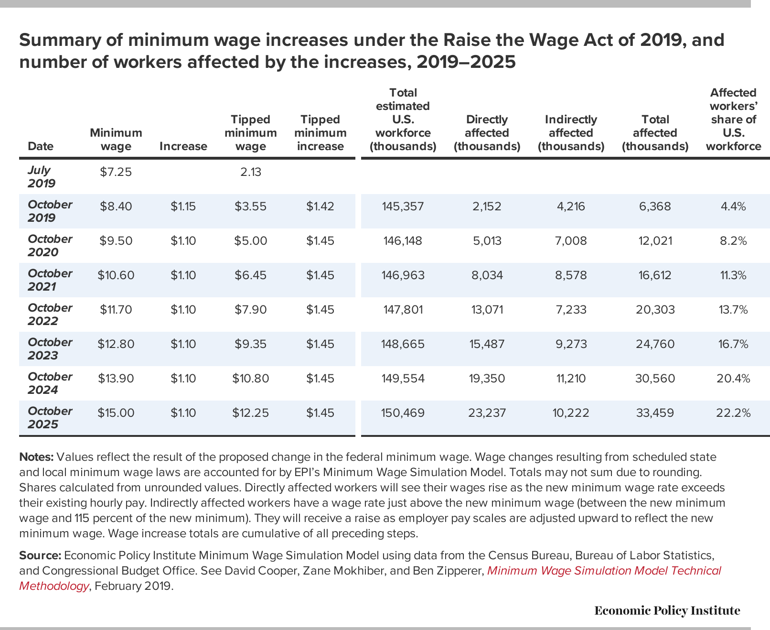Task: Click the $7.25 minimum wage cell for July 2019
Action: click(116, 172)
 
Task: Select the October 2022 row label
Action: click(50, 314)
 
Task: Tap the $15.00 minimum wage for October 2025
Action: click(116, 413)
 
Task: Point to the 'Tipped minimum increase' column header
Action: click(320, 133)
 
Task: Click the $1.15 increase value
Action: click(183, 206)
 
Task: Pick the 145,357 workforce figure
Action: click(403, 206)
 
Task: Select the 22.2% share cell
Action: click(733, 413)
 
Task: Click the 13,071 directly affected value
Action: click(487, 310)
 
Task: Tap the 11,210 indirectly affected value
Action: click(571, 379)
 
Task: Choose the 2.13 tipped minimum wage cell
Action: click(251, 172)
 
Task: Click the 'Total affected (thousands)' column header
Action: click(655, 133)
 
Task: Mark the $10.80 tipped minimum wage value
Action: click(251, 379)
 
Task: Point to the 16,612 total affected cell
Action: click(655, 275)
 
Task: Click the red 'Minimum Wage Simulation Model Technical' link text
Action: click(604, 571)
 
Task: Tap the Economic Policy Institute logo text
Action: click(667, 610)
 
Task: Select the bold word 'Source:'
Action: click(40, 555)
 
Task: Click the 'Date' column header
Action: click(41, 146)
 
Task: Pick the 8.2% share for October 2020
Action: click(733, 241)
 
